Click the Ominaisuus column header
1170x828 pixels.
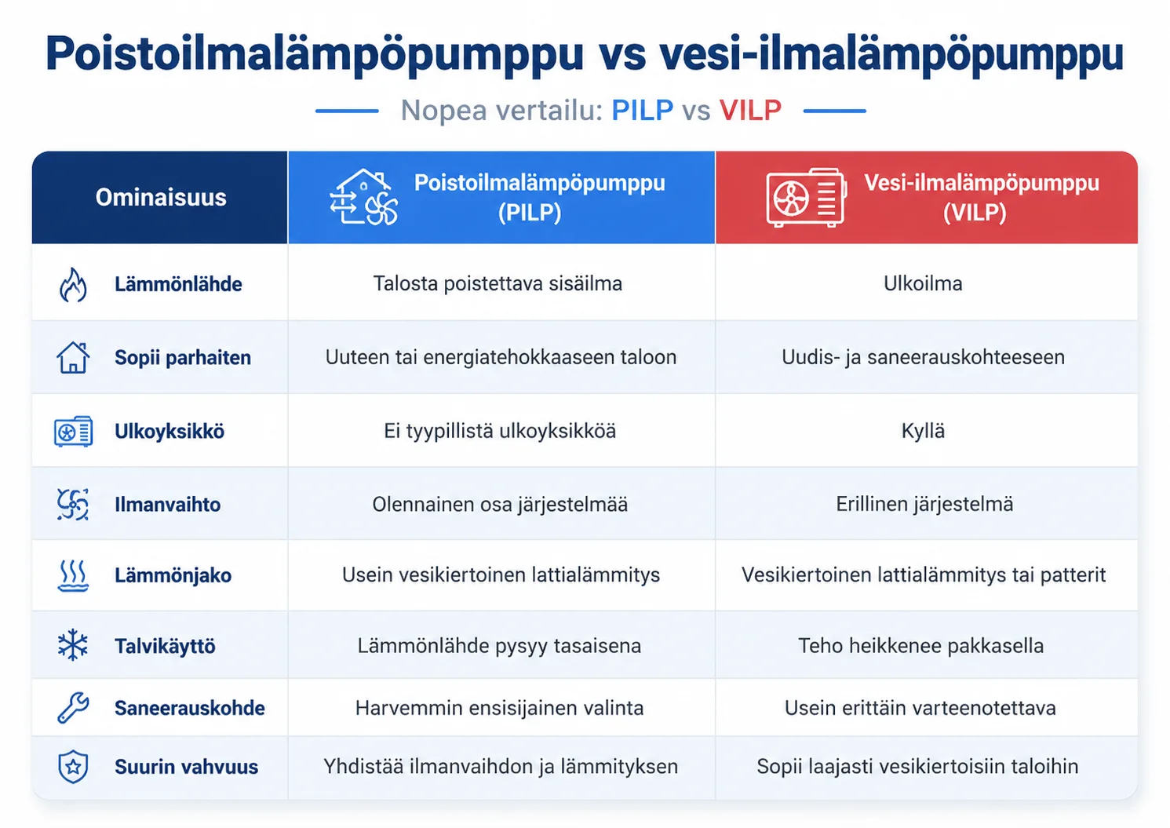[x=161, y=198]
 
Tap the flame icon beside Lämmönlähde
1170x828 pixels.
[x=73, y=285]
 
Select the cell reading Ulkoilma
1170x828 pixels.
[x=922, y=283]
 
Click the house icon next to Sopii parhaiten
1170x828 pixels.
[x=73, y=357]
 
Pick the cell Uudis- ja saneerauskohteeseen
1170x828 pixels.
[x=922, y=357]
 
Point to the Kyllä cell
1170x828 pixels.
[x=922, y=431]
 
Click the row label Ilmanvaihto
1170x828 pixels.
[x=167, y=505]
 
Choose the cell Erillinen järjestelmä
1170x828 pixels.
[x=924, y=504]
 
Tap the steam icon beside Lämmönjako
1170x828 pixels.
[x=73, y=576]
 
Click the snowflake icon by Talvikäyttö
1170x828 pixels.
[x=73, y=644]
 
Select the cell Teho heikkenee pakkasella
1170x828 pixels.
[x=920, y=646]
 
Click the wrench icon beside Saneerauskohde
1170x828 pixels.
[x=73, y=707]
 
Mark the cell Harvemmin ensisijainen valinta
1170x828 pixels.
[x=499, y=708]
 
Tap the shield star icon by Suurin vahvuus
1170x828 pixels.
[x=73, y=766]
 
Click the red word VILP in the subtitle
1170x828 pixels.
[x=750, y=110]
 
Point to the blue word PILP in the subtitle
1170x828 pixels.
[x=642, y=110]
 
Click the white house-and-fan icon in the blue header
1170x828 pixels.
[x=363, y=197]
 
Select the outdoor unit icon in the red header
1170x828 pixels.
[x=806, y=198]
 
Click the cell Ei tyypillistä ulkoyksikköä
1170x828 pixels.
[x=500, y=431]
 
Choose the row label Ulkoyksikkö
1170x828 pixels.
[x=169, y=432]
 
